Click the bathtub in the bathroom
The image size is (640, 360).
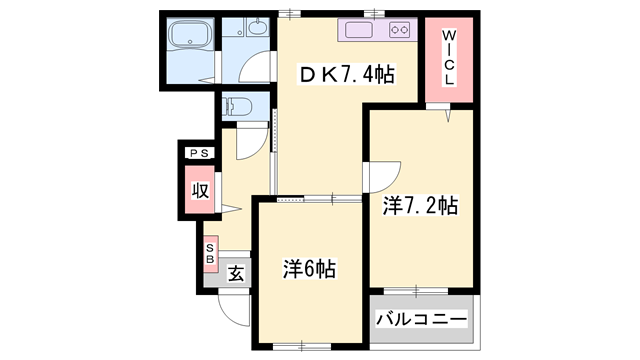pyautogui.click(x=188, y=39)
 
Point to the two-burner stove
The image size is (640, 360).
pyautogui.click(x=401, y=30)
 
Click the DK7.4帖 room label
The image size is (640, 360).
pyautogui.click(x=346, y=74)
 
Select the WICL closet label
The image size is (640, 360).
pyautogui.click(x=449, y=58)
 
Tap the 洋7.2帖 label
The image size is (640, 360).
pyautogui.click(x=420, y=207)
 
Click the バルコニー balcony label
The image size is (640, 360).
pyautogui.click(x=421, y=320)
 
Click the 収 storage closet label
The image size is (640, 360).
pyautogui.click(x=199, y=190)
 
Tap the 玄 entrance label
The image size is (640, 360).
pyautogui.click(x=236, y=272)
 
